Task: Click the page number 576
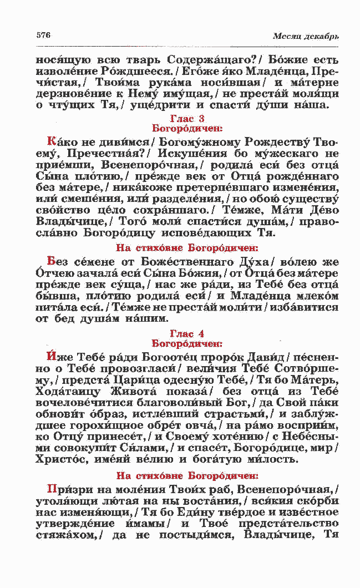[43, 36]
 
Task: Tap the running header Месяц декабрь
[306, 37]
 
